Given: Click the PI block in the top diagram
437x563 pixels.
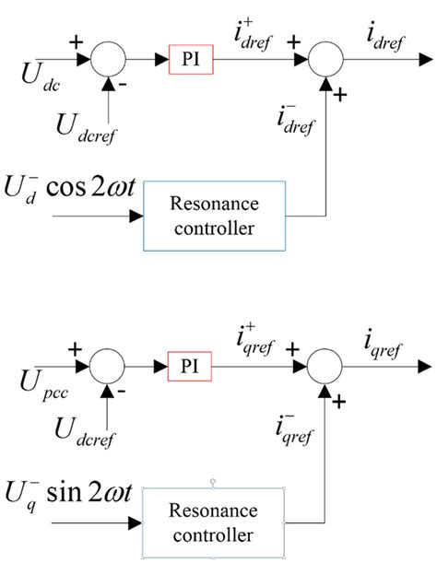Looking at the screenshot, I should pos(190,61).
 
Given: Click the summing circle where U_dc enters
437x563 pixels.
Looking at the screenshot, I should pos(110,61).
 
